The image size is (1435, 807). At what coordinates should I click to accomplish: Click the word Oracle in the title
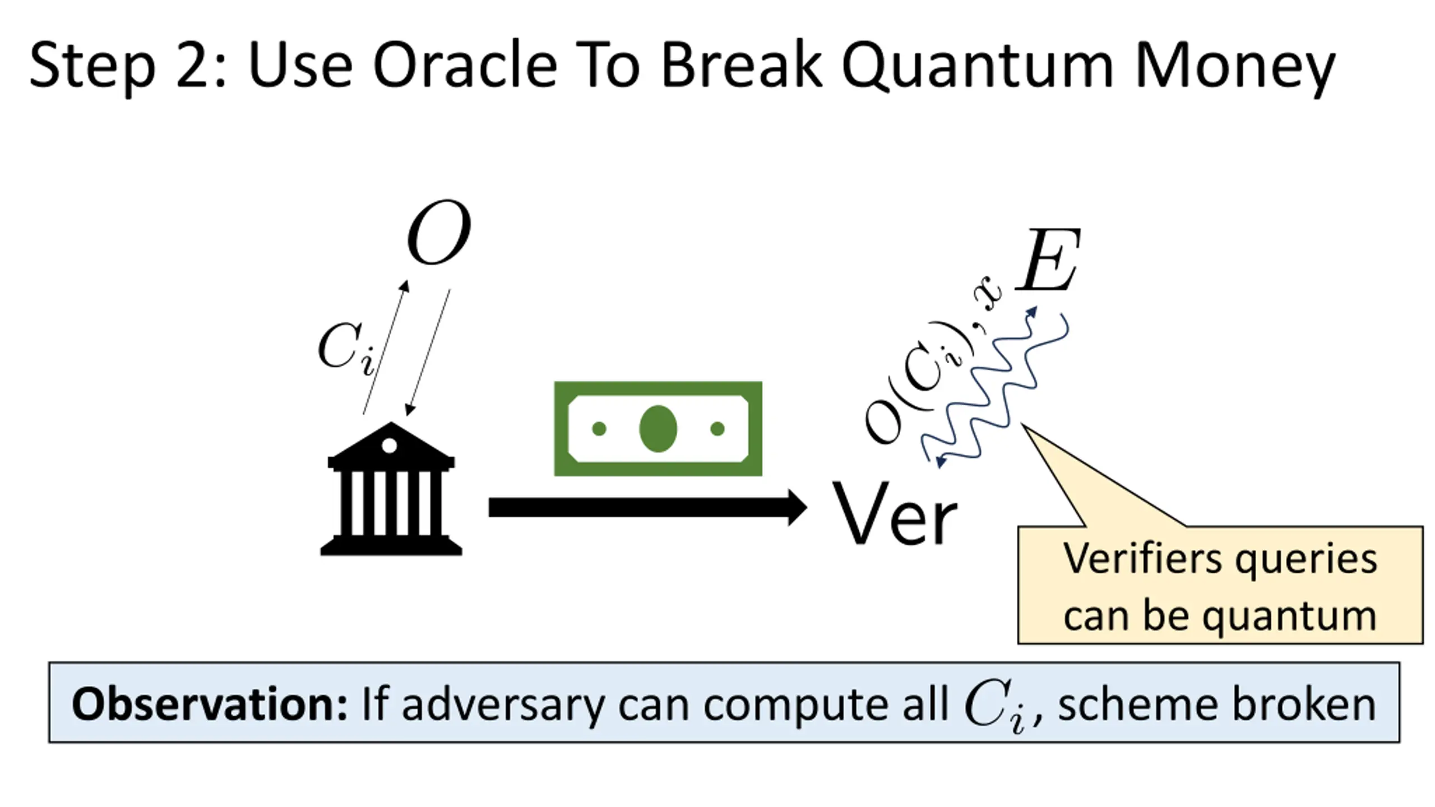465,66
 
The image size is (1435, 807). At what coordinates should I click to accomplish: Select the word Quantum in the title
976,66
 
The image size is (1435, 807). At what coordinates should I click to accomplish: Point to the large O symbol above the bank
439,232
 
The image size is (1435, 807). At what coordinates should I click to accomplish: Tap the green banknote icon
658,429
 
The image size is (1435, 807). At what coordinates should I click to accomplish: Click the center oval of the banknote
658,429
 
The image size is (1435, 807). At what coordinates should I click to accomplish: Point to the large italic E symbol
1048,260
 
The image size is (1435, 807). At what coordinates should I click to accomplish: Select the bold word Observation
209,704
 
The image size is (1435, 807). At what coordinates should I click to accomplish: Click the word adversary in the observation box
502,704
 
